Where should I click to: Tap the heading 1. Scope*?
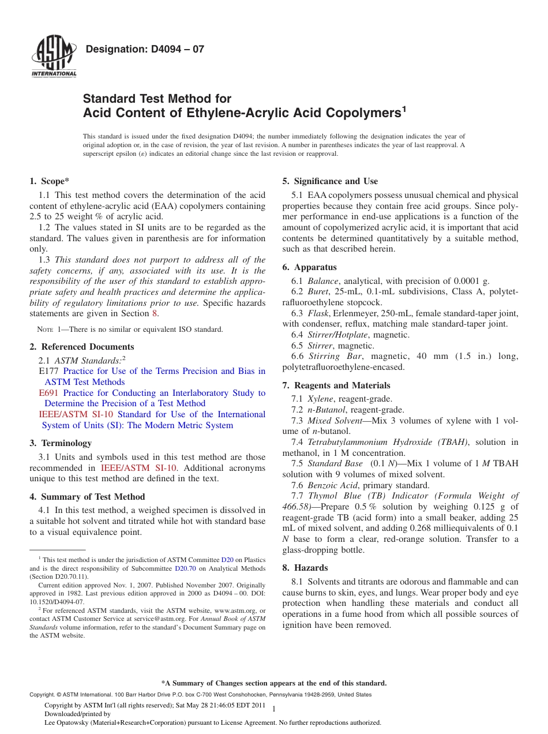coord(49,181)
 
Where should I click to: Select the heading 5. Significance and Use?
coord(330,181)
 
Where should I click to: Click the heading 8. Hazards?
coord(305,568)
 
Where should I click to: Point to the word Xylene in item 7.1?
coord(321,399)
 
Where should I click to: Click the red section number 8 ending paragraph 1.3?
coord(154,314)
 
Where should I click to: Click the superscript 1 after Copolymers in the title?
coord(404,107)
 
